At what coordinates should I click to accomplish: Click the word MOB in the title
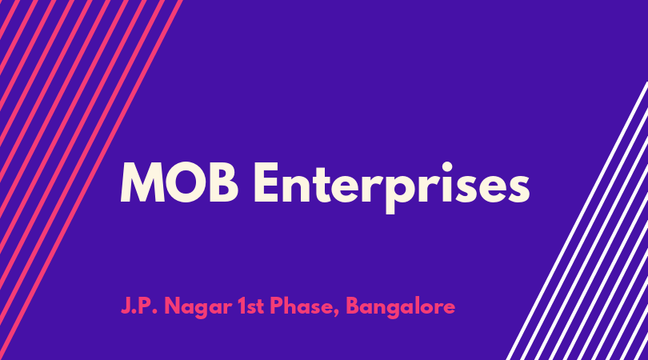tap(179, 182)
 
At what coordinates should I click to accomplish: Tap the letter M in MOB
tap(142, 182)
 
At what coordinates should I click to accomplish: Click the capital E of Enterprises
tap(267, 182)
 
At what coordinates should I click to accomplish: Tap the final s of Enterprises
tap(517, 188)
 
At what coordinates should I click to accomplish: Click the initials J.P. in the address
tap(139, 306)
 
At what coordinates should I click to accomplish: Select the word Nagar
tap(198, 308)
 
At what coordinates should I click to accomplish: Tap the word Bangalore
tap(401, 308)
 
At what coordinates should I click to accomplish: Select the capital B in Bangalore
tap(353, 306)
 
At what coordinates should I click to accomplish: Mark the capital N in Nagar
tap(173, 306)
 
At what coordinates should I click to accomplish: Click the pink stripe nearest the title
tap(90, 180)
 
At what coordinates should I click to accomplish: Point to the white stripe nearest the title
tap(578, 221)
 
